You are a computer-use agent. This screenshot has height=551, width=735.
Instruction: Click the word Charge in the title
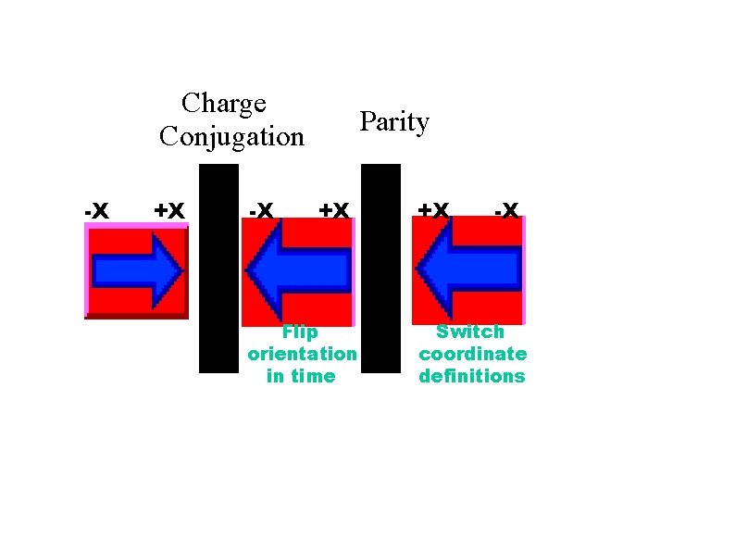point(224,103)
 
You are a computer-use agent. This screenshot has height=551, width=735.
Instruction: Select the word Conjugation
point(231,137)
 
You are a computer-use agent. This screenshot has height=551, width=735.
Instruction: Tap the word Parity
point(394,122)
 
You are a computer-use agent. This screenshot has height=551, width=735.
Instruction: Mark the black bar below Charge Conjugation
point(218,269)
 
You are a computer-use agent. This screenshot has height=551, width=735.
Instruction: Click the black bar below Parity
point(380,269)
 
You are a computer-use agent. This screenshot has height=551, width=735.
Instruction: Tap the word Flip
point(300,332)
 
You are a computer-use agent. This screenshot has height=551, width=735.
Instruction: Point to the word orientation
point(302,354)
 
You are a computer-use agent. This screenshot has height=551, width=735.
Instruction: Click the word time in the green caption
point(315,376)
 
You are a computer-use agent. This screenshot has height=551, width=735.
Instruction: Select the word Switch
point(470,332)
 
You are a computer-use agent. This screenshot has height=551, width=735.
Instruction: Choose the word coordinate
point(472,354)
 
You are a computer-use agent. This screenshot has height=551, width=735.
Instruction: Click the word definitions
point(472,376)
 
